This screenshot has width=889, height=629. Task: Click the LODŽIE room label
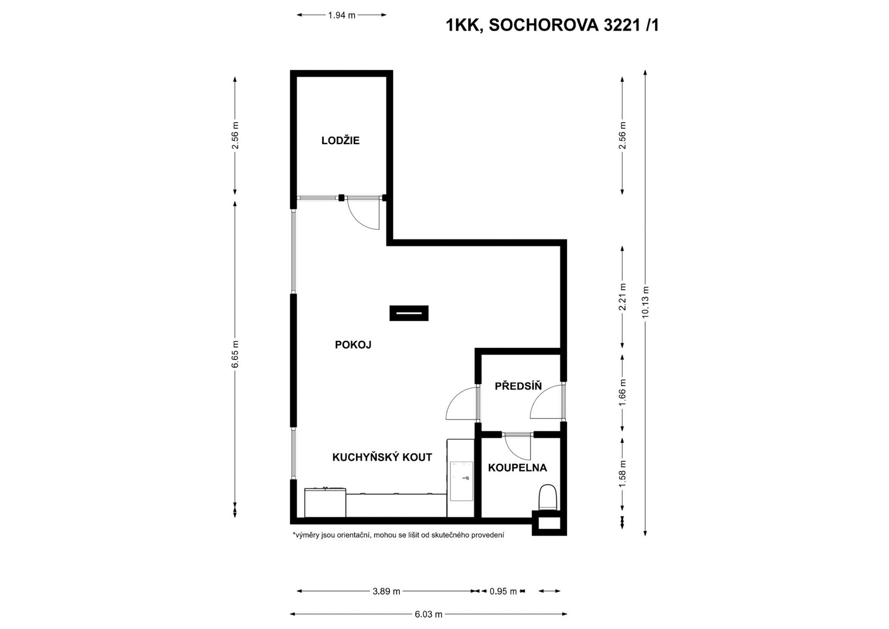[x=340, y=141]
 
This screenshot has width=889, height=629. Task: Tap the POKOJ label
[x=353, y=345]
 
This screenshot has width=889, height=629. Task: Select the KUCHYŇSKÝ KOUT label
[x=382, y=457]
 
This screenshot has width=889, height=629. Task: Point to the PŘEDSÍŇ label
[x=518, y=386]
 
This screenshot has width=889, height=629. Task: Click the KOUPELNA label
[x=517, y=468]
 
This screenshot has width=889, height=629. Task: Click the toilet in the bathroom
[x=548, y=497]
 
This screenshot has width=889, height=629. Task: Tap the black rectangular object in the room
[x=409, y=313]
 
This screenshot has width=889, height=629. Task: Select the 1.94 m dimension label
[x=342, y=15]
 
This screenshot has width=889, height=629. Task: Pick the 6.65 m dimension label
[x=235, y=354]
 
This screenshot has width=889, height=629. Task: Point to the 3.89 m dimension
[x=386, y=591]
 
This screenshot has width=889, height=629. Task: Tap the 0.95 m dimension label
[x=503, y=591]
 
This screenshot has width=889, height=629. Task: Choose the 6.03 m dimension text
[x=428, y=614]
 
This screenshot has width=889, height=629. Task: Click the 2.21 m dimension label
[x=622, y=297]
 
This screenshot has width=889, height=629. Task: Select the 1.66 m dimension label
[x=622, y=392]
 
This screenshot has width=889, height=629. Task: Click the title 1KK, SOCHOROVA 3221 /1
[x=552, y=26]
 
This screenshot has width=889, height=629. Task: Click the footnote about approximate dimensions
[x=398, y=535]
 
